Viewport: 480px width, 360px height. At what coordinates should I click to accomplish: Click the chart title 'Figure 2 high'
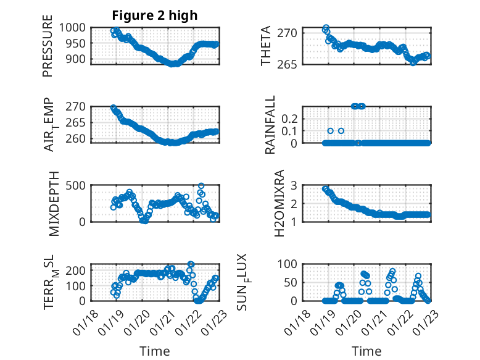(155, 15)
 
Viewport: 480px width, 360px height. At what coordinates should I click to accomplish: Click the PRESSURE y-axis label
(48, 46)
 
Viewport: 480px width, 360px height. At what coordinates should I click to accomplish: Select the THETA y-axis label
(266, 46)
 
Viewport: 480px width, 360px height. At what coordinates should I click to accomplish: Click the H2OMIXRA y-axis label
(279, 203)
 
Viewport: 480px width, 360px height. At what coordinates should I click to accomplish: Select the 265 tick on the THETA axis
(292, 64)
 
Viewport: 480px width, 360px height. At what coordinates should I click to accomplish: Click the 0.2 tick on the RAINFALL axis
(291, 118)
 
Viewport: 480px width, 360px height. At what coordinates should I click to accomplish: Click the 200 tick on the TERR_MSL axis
(78, 270)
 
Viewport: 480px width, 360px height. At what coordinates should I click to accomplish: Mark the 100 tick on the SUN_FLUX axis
(291, 264)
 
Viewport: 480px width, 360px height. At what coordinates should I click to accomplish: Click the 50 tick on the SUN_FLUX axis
(293, 283)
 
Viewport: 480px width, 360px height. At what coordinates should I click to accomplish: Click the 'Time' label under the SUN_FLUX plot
(366, 351)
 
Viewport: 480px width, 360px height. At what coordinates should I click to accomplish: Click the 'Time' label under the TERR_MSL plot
(155, 351)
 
